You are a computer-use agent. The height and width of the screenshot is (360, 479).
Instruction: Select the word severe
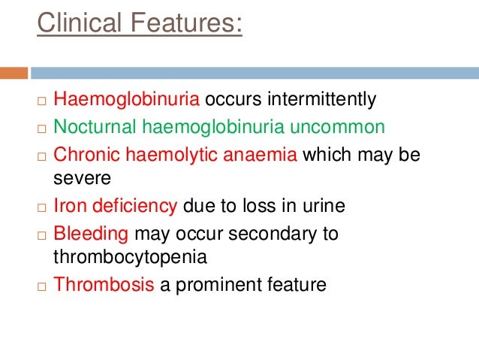point(81,179)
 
